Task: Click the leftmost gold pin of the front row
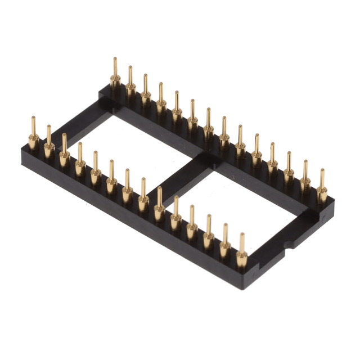coord(33,135)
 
